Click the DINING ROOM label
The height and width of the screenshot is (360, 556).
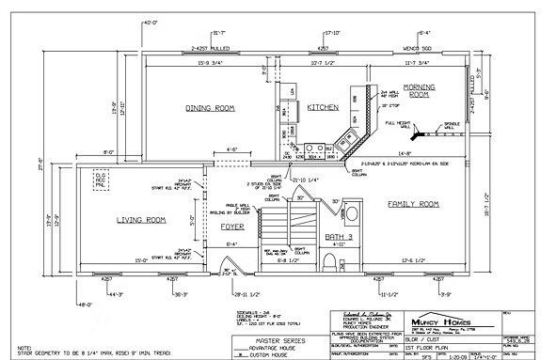(x=209, y=108)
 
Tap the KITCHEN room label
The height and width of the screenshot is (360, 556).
(x=323, y=108)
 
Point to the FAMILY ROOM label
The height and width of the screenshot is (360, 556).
(x=414, y=204)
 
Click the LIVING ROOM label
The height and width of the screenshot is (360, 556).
(x=141, y=220)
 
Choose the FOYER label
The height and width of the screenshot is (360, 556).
(x=232, y=227)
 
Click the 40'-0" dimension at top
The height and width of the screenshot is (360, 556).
(x=150, y=21)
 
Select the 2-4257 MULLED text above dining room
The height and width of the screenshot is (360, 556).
(x=211, y=45)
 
